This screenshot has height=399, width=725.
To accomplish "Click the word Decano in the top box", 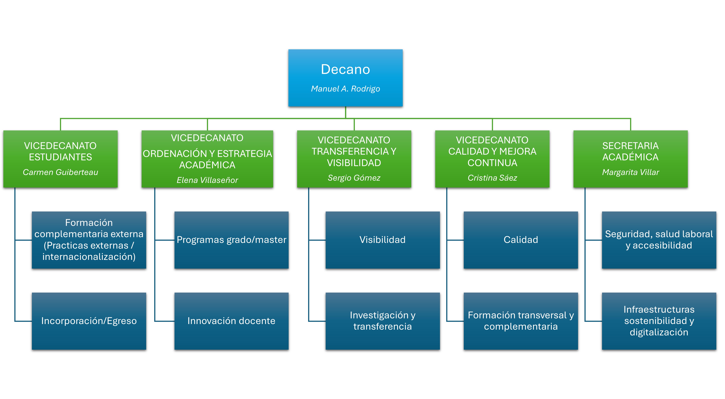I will (345, 69).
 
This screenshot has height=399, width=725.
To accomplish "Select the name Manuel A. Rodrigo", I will (345, 89).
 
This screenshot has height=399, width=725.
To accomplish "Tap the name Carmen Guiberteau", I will (60, 172).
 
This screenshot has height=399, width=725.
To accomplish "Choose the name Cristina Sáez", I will (492, 178).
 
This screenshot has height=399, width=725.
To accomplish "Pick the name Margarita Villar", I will (630, 172).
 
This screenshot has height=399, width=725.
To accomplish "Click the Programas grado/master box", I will (231, 240).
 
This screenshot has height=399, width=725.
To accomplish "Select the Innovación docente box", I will (231, 321).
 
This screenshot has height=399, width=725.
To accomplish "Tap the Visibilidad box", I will (383, 240).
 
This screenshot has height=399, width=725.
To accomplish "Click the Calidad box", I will (521, 240).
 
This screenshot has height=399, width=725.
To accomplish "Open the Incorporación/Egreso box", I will (89, 321).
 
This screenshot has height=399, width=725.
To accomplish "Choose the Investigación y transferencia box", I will (383, 321).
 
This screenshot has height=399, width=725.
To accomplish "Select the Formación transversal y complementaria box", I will (521, 321).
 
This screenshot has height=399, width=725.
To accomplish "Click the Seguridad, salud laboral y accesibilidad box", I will (659, 240).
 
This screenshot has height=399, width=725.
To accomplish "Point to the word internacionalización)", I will (89, 257).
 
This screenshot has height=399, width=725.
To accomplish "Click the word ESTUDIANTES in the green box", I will (60, 157).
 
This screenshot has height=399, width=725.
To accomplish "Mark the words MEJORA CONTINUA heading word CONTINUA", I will (492, 163).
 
